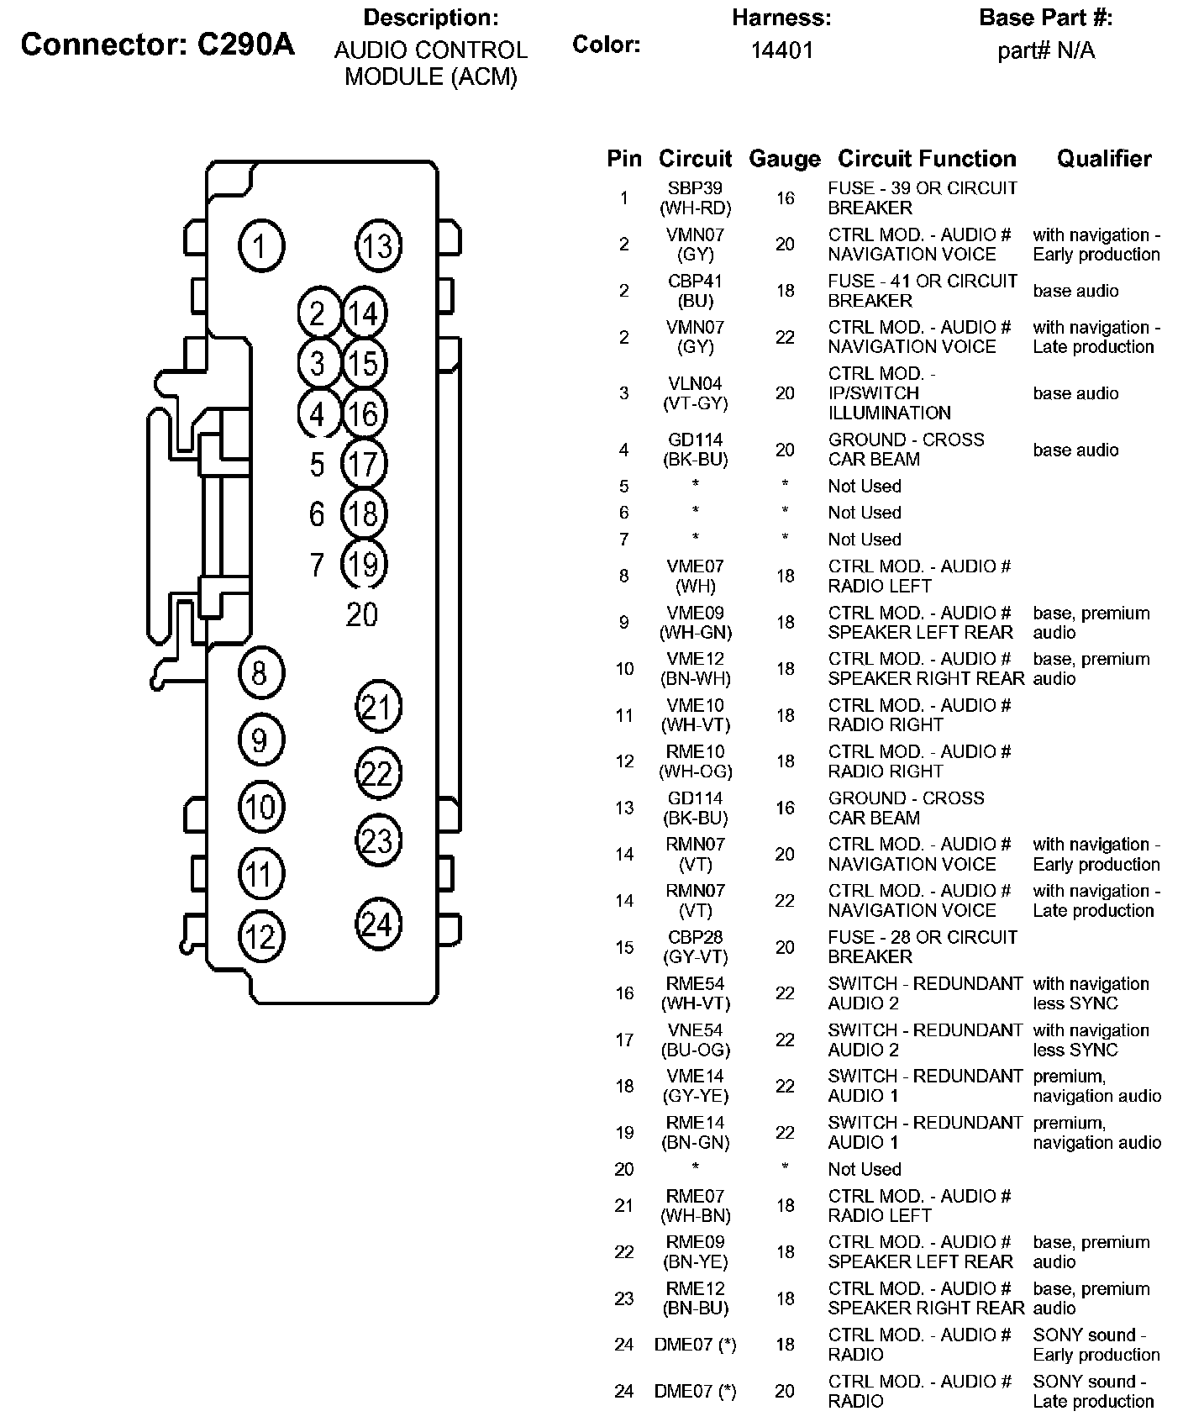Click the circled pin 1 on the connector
(x=260, y=246)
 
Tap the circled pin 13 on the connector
(x=377, y=246)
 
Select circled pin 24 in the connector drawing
(x=377, y=924)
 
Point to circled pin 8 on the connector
(x=260, y=672)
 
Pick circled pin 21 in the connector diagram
(x=377, y=707)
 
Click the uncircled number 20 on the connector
(x=362, y=615)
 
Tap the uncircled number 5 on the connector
(x=317, y=464)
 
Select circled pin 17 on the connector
(x=363, y=464)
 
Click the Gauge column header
(x=784, y=159)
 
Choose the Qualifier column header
(x=1104, y=158)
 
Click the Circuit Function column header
(x=927, y=158)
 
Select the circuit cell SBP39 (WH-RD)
(x=696, y=197)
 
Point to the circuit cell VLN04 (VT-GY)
(x=696, y=393)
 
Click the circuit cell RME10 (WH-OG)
(x=696, y=761)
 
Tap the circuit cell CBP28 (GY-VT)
(x=696, y=946)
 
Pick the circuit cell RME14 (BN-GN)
(x=696, y=1132)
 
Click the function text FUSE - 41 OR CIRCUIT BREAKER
(x=923, y=291)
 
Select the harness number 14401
(x=781, y=50)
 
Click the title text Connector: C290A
(x=158, y=45)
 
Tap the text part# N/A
(x=1046, y=50)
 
